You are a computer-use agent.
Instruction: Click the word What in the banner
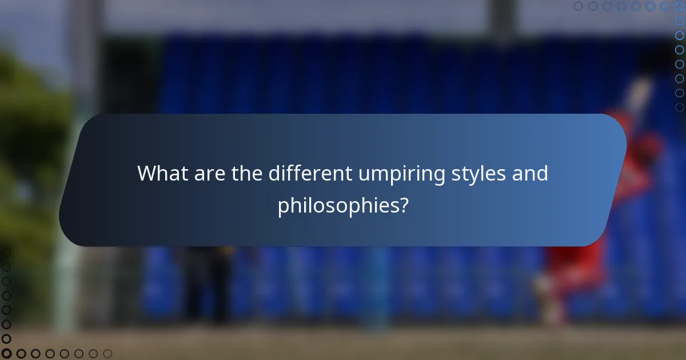pos(162,173)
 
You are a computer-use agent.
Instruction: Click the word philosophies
pos(337,206)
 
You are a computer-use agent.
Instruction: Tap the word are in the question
pos(209,173)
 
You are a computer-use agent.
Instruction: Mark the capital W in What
pos(146,173)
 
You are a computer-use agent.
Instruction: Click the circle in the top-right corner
pos(679,6)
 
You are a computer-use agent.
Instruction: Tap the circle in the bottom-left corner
pos(6,354)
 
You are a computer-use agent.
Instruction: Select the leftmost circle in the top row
pos(579,6)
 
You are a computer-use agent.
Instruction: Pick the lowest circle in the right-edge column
pos(679,107)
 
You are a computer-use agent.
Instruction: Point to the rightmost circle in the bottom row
pos(107,354)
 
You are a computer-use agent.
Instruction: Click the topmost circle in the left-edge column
pos(6,252)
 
